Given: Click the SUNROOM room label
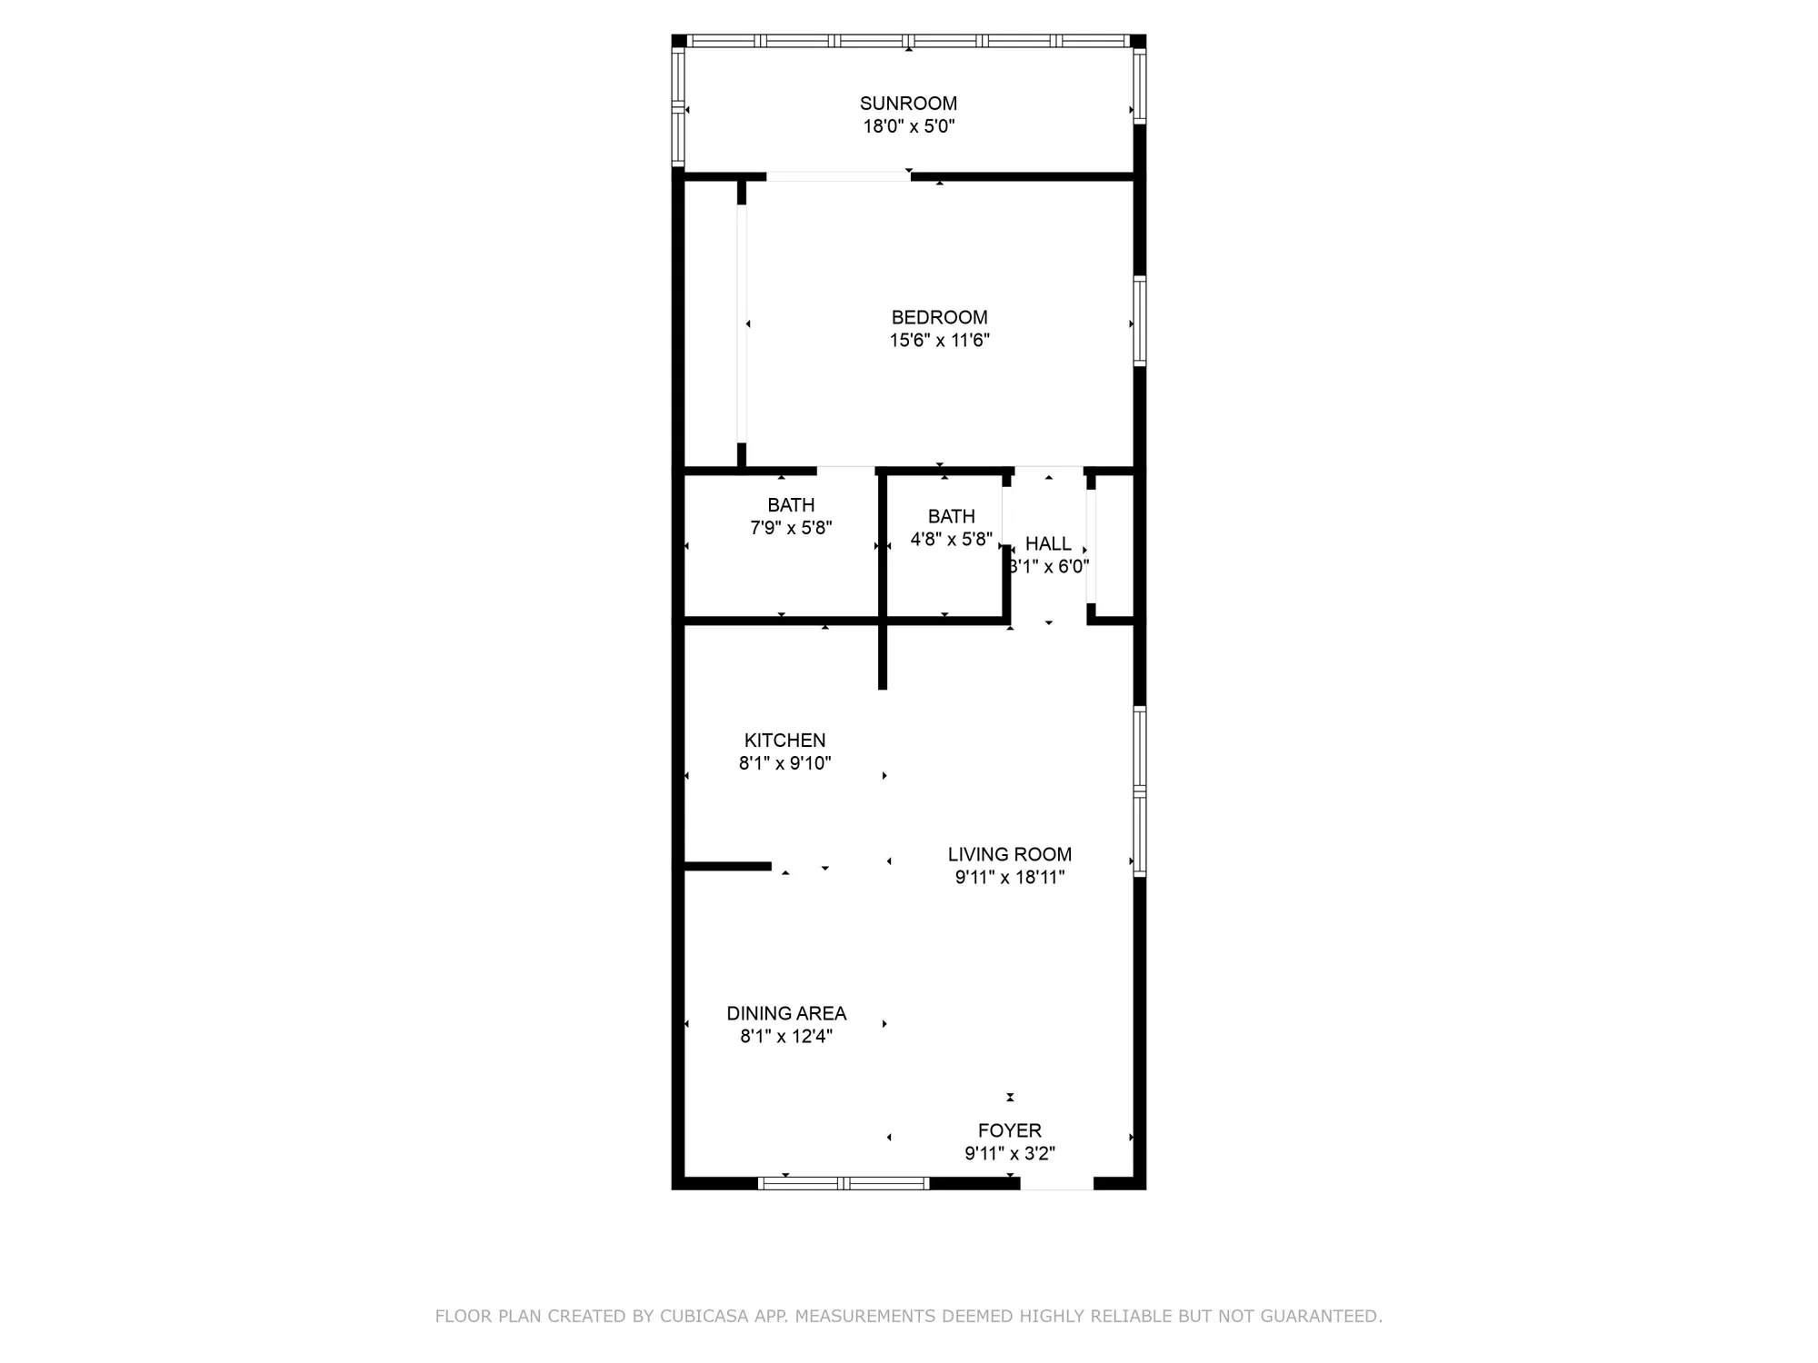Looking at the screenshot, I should click(x=908, y=104).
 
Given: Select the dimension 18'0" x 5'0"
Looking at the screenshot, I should click(x=908, y=126).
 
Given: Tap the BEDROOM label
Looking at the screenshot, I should click(x=939, y=317).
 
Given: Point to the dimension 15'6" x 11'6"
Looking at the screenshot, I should click(x=939, y=341).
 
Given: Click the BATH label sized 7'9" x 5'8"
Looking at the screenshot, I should click(x=791, y=505).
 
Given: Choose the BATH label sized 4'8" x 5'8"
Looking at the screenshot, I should click(x=951, y=516).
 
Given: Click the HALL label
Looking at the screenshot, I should click(x=1048, y=543).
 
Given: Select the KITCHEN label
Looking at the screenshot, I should click(x=784, y=741).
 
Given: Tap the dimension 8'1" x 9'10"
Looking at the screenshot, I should click(x=784, y=763).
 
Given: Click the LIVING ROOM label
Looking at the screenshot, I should click(x=1009, y=854).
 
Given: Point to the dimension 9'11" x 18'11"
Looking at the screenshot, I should click(x=1009, y=877).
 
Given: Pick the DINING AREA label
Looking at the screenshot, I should click(x=786, y=1013).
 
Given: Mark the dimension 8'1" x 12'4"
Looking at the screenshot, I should click(x=786, y=1036).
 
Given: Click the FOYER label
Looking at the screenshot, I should click(x=1009, y=1130).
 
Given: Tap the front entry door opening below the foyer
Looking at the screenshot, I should click(x=1056, y=1183).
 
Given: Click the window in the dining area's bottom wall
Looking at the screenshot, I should click(x=843, y=1183).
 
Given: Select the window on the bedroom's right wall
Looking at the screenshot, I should click(x=1140, y=321).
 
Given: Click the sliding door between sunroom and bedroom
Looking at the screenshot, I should click(x=838, y=177).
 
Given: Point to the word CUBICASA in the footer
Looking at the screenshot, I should click(x=704, y=1316).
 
